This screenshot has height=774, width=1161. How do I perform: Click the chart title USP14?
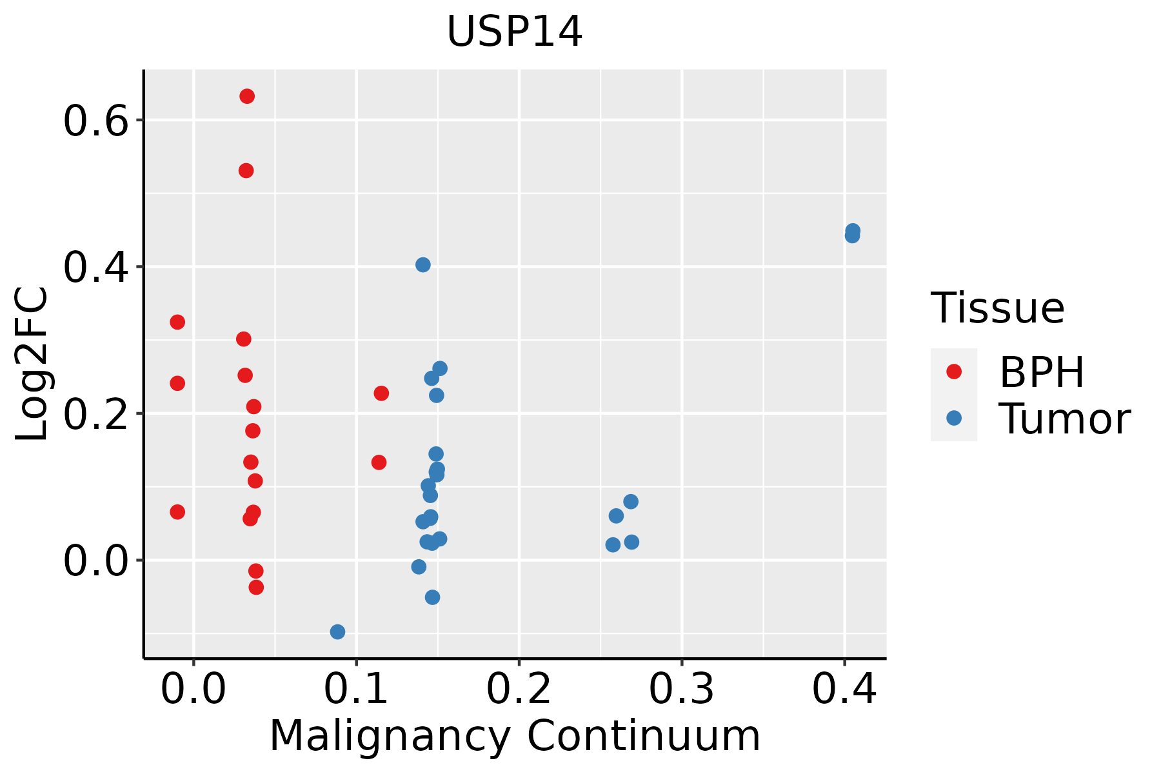tap(514, 32)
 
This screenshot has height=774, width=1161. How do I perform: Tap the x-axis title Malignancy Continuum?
tap(514, 736)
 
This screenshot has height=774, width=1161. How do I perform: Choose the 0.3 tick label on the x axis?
tap(681, 689)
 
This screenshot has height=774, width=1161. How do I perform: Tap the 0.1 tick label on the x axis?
tap(356, 689)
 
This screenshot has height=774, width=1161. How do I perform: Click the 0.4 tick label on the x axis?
tap(844, 689)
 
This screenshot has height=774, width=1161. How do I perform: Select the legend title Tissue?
tap(997, 308)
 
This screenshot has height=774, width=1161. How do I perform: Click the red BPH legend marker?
tap(953, 372)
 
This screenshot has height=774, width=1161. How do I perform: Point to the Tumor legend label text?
tap(1064, 419)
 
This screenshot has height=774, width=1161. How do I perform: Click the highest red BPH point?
tap(247, 96)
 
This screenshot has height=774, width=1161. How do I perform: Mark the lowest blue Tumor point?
tap(337, 631)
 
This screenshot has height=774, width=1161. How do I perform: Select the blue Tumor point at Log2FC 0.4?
tap(423, 264)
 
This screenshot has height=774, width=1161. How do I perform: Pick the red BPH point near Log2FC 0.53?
tap(246, 170)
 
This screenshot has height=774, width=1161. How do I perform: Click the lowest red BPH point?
tap(256, 587)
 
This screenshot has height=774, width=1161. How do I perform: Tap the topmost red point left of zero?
tap(177, 322)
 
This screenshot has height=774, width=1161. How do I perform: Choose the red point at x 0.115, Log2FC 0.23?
tap(381, 393)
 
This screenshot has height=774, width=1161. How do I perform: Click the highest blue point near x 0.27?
tap(631, 501)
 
